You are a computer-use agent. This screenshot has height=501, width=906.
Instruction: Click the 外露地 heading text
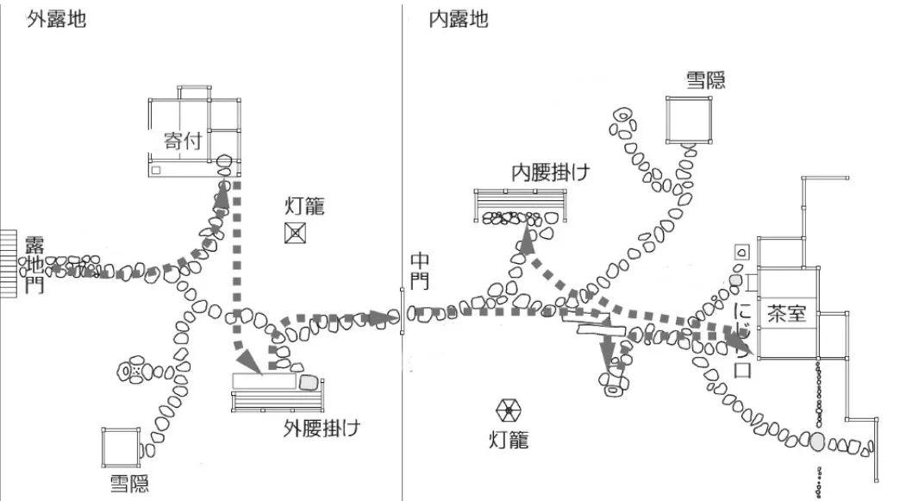(56, 19)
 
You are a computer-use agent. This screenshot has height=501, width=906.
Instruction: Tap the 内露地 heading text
(459, 19)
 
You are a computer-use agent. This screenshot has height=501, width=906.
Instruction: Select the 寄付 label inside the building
(183, 140)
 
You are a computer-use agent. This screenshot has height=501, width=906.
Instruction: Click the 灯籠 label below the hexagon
(509, 441)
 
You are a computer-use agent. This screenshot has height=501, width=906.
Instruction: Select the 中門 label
(420, 272)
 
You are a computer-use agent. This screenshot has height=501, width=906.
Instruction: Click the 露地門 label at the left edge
(34, 264)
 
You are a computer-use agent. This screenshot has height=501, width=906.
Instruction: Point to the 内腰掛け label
(550, 171)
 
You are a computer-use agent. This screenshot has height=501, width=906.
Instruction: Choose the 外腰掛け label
(322, 427)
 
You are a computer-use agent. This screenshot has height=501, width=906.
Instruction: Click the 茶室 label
(787, 314)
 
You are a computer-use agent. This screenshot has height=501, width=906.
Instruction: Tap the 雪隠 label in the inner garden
(705, 80)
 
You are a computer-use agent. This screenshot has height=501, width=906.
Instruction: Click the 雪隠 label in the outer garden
(128, 481)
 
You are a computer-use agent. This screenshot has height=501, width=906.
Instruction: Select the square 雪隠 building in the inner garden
(689, 119)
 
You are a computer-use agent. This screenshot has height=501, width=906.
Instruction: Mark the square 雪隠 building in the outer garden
(120, 447)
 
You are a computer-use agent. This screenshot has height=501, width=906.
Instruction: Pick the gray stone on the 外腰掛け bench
(308, 380)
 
